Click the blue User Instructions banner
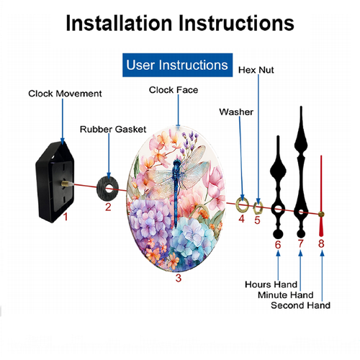(177, 65)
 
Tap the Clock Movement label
(65, 94)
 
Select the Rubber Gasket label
(113, 130)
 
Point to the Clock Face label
(174, 90)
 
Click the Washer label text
(236, 112)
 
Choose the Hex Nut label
(256, 70)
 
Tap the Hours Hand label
(271, 284)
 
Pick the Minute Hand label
(286, 294)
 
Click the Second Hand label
(300, 305)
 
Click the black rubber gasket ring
(101, 189)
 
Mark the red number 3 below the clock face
(179, 278)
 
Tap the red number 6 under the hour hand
(278, 245)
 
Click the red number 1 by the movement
(66, 217)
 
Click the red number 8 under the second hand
(321, 243)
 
